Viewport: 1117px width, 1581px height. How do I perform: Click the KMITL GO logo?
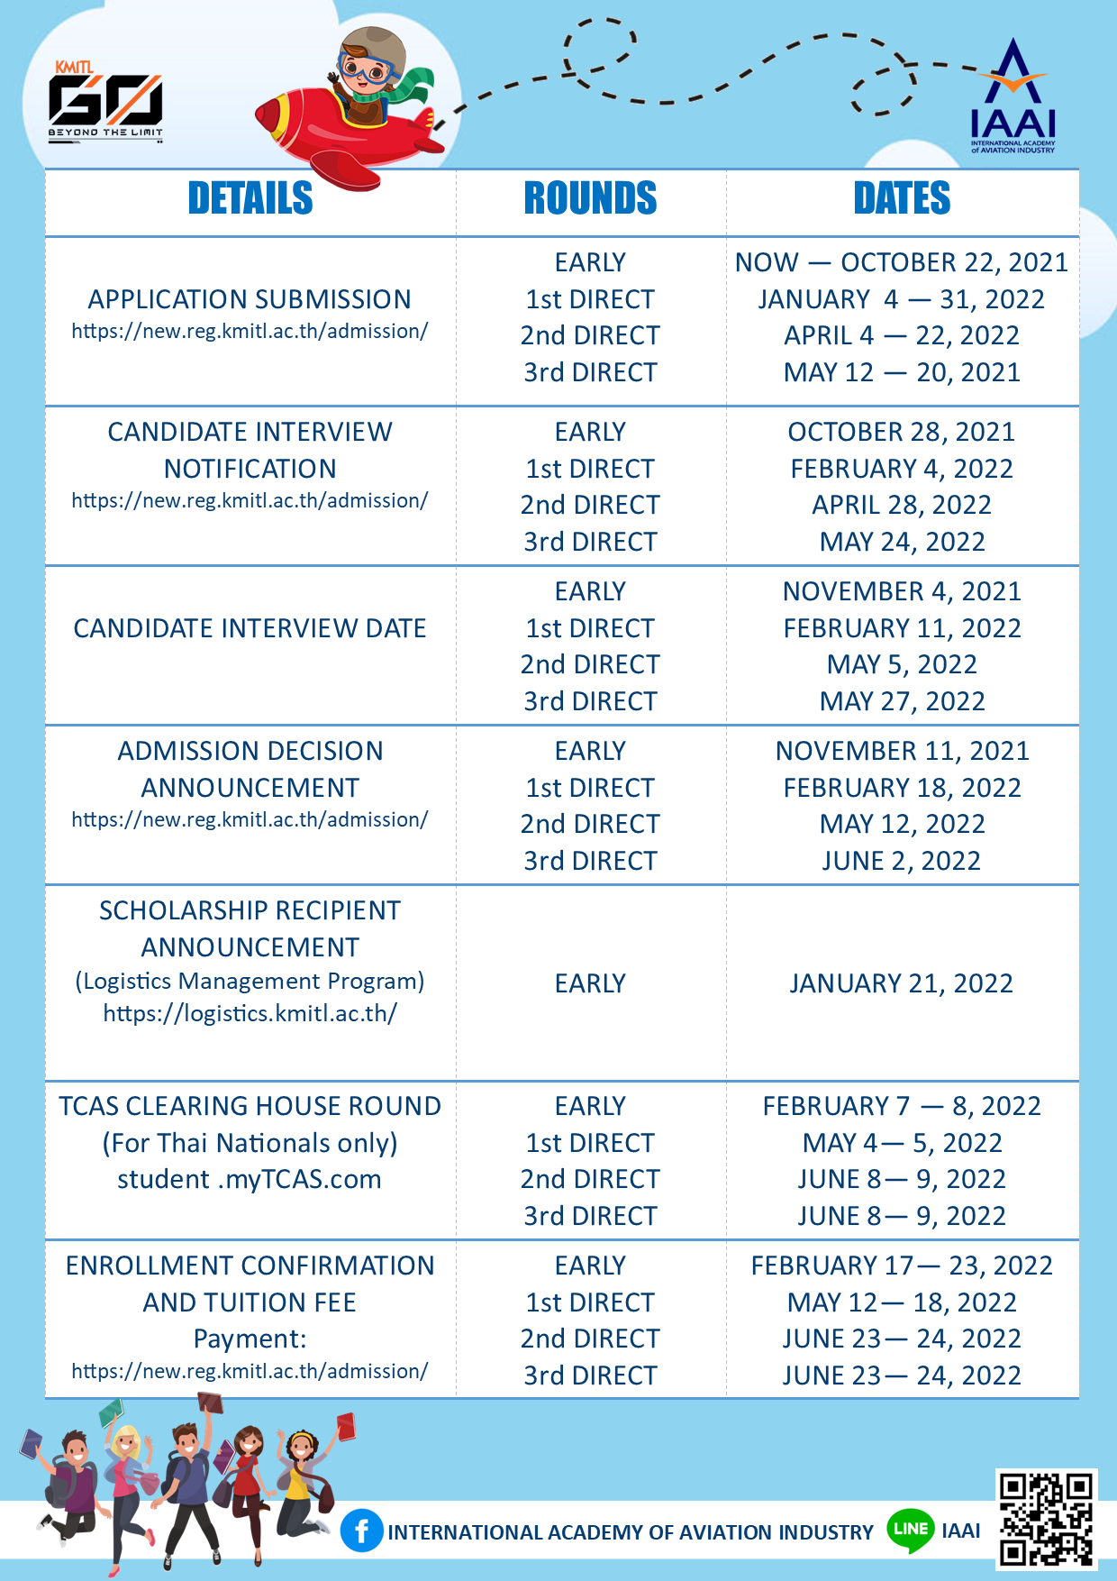pyautogui.click(x=105, y=102)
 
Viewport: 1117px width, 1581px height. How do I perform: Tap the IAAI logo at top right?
pyautogui.click(x=1013, y=98)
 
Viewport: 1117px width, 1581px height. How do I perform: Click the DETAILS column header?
pyautogui.click(x=250, y=198)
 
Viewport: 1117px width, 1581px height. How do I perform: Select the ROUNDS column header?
pyautogui.click(x=590, y=198)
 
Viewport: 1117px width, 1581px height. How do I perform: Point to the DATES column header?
pyautogui.click(x=902, y=198)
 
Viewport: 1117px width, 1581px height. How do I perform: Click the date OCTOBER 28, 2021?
pyautogui.click(x=901, y=432)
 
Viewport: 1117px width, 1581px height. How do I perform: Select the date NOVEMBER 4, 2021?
pyautogui.click(x=902, y=591)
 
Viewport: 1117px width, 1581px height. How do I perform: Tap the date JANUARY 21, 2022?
pyautogui.click(x=901, y=983)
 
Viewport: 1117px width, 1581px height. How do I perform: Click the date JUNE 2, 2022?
pyautogui.click(x=901, y=861)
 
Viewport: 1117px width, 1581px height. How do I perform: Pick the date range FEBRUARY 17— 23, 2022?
pyautogui.click(x=902, y=1266)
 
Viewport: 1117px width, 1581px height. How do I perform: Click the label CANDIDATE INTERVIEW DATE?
pyautogui.click(x=250, y=628)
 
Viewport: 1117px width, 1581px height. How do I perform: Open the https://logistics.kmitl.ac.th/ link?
pyautogui.click(x=250, y=1014)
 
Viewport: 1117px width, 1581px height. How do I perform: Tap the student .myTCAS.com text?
pyautogui.click(x=250, y=1179)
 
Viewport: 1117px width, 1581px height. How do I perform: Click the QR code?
pyautogui.click(x=1046, y=1519)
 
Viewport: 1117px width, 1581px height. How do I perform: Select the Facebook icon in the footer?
pyautogui.click(x=361, y=1531)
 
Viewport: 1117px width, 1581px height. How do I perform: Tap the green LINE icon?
pyautogui.click(x=910, y=1530)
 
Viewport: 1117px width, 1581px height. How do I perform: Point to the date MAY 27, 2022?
pyautogui.click(x=902, y=701)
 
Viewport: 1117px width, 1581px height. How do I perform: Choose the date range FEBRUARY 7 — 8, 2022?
pyautogui.click(x=902, y=1106)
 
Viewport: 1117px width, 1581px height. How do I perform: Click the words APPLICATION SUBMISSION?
pyautogui.click(x=250, y=299)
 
